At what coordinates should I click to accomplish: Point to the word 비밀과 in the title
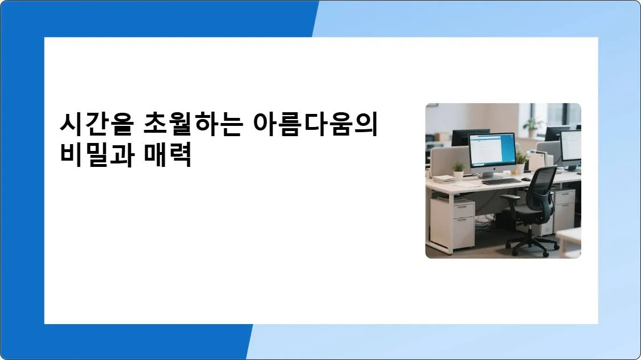[x=95, y=155]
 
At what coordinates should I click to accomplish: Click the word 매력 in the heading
[x=169, y=155]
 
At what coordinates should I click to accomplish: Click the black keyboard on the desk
[x=501, y=182]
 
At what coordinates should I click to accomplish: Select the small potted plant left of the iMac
[x=458, y=171]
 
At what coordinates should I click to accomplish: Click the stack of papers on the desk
[x=444, y=179]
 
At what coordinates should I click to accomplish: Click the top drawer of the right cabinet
[x=564, y=197]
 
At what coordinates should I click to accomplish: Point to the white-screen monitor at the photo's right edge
[x=571, y=146]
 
